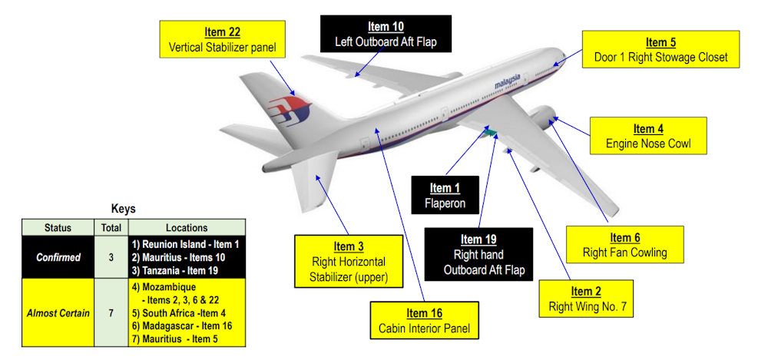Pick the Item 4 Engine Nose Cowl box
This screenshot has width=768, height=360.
pyautogui.click(x=647, y=136)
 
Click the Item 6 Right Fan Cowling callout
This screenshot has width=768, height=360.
pyautogui.click(x=625, y=245)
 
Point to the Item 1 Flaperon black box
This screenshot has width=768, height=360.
pyautogui.click(x=445, y=196)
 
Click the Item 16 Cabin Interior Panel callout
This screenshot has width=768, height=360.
pyautogui.click(x=425, y=320)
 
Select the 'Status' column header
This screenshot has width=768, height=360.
pyautogui.click(x=58, y=227)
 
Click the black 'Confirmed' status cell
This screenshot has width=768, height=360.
pyautogui.click(x=58, y=257)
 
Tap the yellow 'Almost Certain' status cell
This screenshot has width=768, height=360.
pyautogui.click(x=58, y=313)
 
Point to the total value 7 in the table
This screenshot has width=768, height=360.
pyautogui.click(x=111, y=313)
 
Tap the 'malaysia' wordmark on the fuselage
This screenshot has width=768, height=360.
pyautogui.click(x=508, y=80)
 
